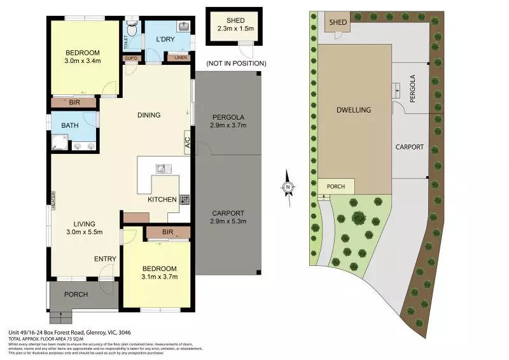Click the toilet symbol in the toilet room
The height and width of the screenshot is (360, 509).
(x=132, y=27)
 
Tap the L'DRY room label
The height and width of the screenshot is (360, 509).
(x=165, y=39)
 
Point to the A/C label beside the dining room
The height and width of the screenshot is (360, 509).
(x=188, y=141)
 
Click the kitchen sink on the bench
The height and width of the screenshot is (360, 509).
(x=161, y=169)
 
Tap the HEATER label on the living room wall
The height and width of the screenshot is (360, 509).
(x=54, y=201)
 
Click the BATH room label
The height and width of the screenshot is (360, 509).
(x=70, y=125)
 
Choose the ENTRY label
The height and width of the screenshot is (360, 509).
(x=105, y=258)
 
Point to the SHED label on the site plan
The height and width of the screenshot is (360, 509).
(x=338, y=23)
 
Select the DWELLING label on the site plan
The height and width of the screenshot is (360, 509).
(x=354, y=110)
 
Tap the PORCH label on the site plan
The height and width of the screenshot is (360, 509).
(x=335, y=186)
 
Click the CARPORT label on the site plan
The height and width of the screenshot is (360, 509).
(x=410, y=147)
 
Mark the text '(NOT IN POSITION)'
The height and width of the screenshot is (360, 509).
(x=235, y=63)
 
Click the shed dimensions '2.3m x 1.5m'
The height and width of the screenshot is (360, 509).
(x=235, y=29)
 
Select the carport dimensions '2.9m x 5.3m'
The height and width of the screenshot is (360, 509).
(x=228, y=221)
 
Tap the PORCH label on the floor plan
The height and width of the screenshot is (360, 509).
(x=75, y=294)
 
